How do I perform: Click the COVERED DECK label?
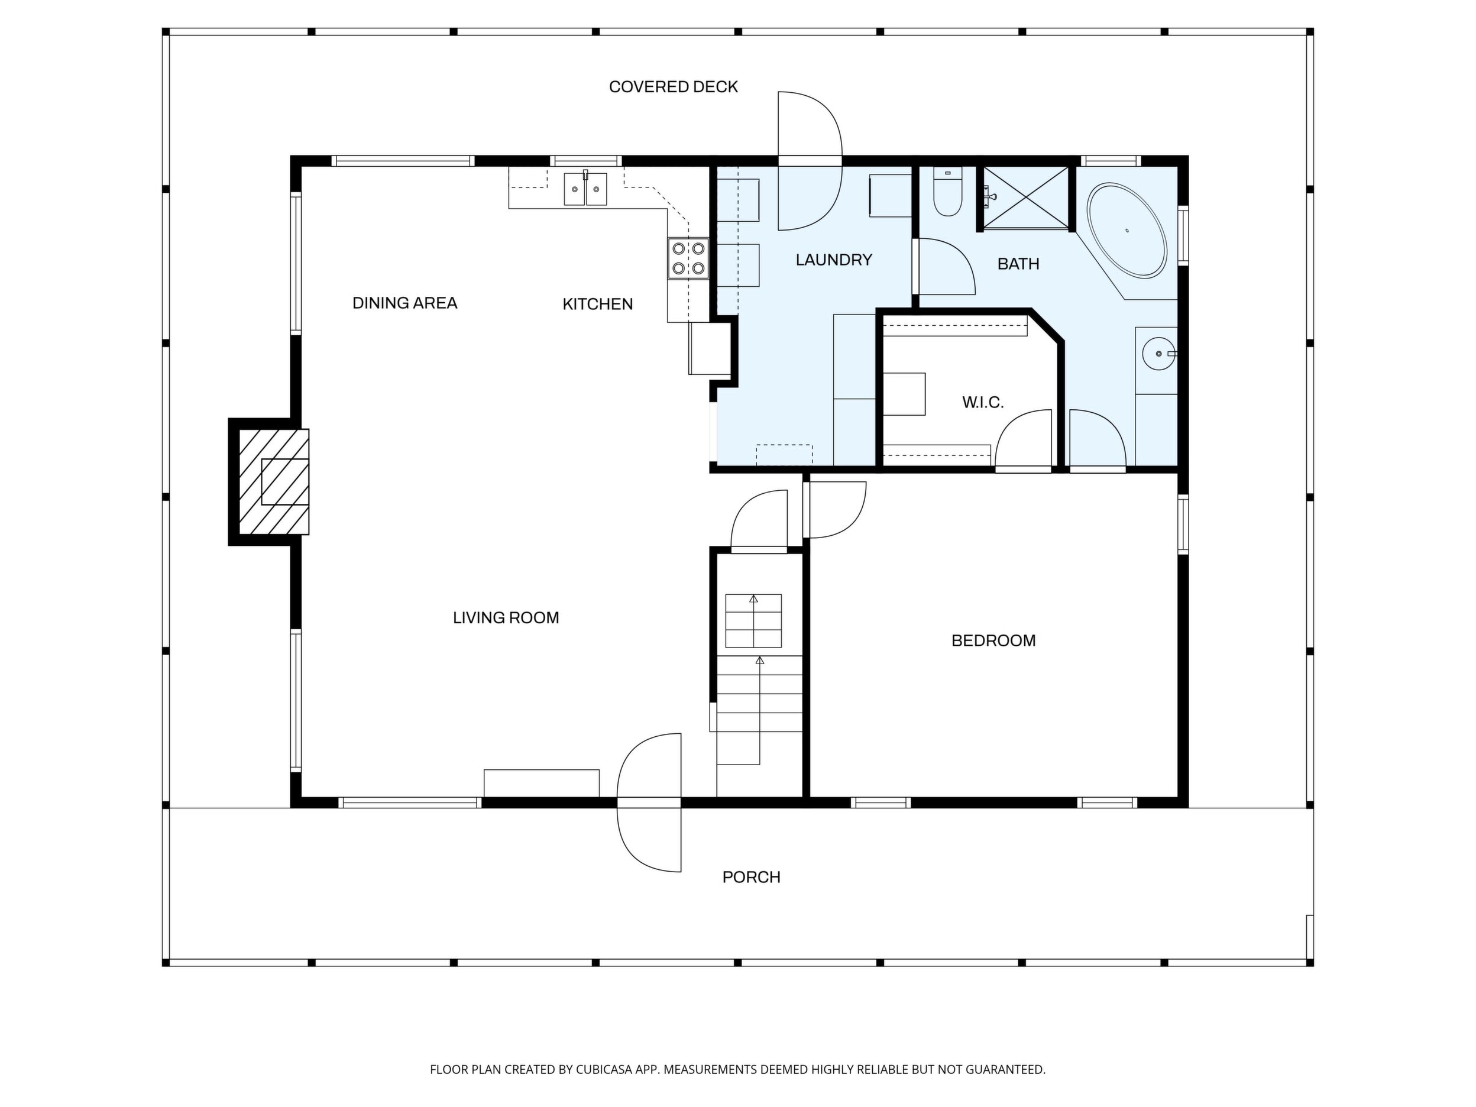pos(674,87)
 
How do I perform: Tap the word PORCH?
pos(752,877)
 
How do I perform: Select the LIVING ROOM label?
pos(506,618)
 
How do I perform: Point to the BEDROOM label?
pos(993,640)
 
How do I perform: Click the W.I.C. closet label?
pos(983,402)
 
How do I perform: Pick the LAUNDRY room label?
pos(834,260)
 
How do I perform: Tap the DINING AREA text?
pos(405,303)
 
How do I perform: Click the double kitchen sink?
pos(586,189)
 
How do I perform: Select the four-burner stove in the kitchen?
pos(688,258)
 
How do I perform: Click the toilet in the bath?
pos(946,193)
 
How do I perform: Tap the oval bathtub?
pos(1127,231)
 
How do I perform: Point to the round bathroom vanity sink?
pos(1157,354)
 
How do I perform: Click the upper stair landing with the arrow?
pos(753,620)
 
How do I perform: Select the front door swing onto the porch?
pos(649,802)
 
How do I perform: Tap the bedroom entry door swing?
pos(834,509)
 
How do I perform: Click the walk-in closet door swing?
pos(1024,438)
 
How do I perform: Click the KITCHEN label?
pos(598,305)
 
